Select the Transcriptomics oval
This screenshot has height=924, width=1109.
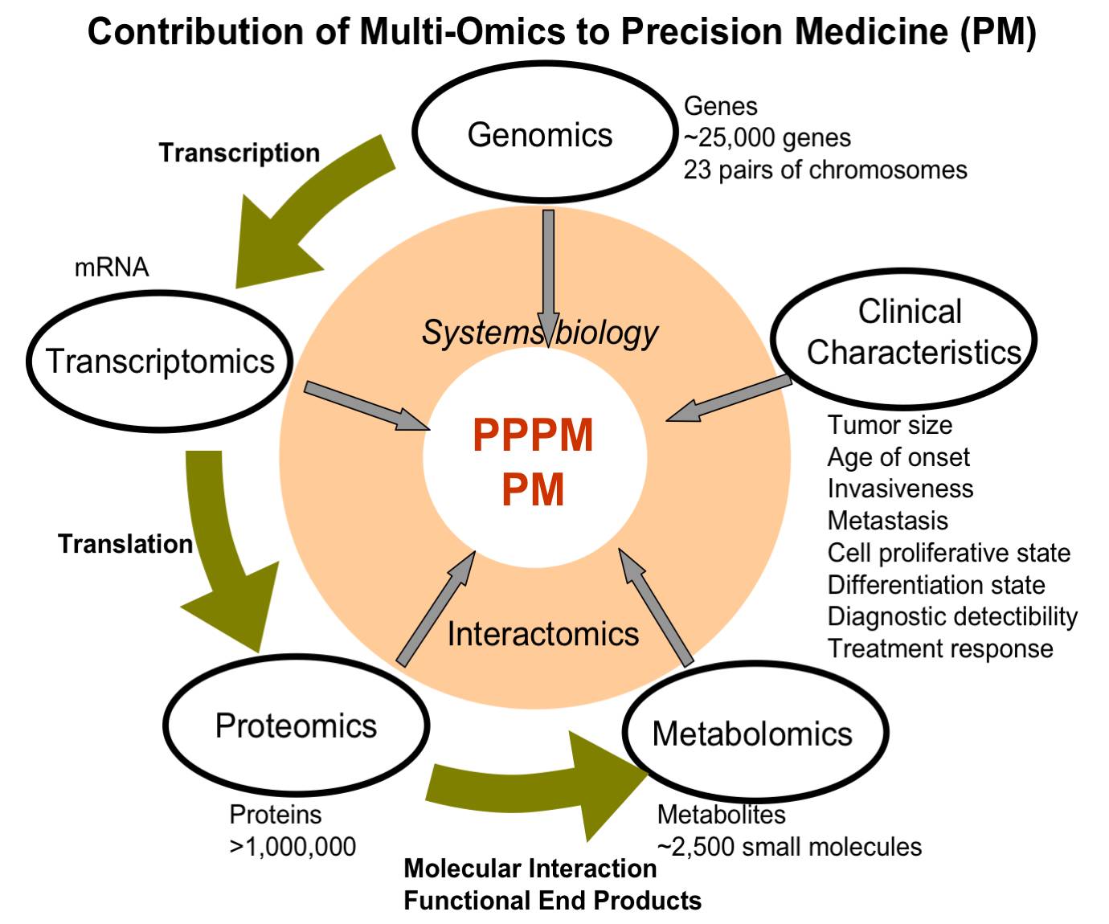click(x=160, y=362)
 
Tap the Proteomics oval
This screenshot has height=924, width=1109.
click(x=296, y=726)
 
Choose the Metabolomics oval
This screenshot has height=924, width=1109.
click(x=754, y=733)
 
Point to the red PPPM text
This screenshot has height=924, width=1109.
click(x=533, y=435)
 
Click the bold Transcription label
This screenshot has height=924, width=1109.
click(x=239, y=153)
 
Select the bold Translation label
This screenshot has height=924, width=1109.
click(x=125, y=544)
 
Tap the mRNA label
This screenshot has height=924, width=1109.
click(x=112, y=267)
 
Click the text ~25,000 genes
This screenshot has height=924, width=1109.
click(x=767, y=138)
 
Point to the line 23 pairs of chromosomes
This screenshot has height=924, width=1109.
click(x=825, y=170)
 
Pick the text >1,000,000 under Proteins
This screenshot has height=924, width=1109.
click(x=293, y=847)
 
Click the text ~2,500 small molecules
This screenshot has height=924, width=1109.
click(x=789, y=847)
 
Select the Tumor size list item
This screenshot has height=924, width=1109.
click(x=890, y=425)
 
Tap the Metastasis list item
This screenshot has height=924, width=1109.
click(x=887, y=521)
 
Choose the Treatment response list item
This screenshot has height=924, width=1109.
click(x=940, y=648)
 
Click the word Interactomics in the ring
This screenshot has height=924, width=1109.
click(x=543, y=634)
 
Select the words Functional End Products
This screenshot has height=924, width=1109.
click(x=552, y=901)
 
